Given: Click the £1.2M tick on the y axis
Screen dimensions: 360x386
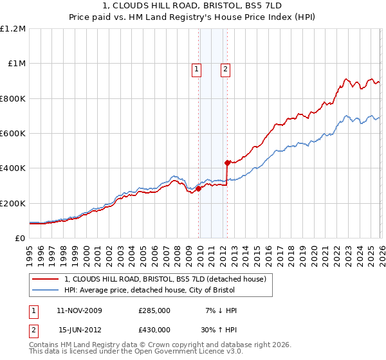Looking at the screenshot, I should (x=14, y=29).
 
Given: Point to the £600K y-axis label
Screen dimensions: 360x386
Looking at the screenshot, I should (x=14, y=134).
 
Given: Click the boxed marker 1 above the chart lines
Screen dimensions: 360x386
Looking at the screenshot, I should (x=196, y=71).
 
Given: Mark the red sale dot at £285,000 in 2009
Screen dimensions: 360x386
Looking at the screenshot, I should (x=198, y=188).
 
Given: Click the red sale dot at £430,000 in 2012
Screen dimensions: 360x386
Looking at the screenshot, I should (x=227, y=163).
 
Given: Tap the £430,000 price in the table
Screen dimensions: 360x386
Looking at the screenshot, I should (x=154, y=329).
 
